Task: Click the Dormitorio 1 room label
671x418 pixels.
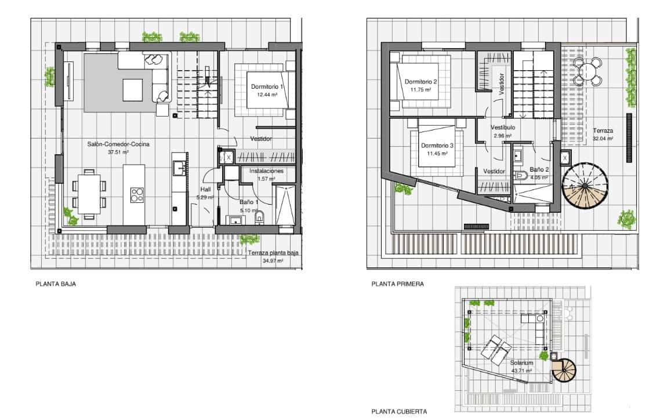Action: pos(267,87)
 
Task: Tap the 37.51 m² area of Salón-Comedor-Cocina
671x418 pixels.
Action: pos(118,152)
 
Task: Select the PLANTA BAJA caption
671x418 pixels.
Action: pos(56,285)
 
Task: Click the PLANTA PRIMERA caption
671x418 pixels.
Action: pos(398,285)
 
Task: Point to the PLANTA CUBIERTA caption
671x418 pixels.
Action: pos(399,412)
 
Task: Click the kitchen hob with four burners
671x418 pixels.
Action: pos(137,195)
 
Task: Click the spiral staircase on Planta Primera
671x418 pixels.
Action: pos(584,186)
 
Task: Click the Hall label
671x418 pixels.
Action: pos(206,189)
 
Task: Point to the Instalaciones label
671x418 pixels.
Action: pos(266,172)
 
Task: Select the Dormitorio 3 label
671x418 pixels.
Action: pos(437,146)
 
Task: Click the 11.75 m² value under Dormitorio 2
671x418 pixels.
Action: pos(420,90)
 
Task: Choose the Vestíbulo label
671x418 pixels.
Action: pos(502,128)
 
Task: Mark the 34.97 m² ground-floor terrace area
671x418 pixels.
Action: pos(273,261)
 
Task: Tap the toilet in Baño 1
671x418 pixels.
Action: pos(259,217)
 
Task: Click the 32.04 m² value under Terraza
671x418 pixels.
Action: pos(603,139)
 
